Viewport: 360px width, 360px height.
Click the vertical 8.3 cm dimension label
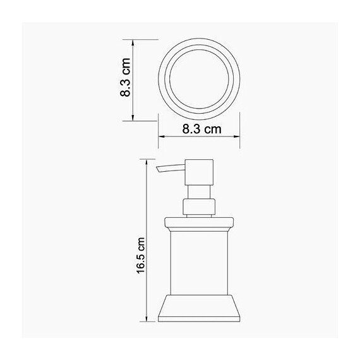(x=126, y=80)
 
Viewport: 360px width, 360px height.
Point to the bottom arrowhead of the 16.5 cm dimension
(x=148, y=320)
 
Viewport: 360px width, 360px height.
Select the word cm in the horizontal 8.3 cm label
(x=212, y=130)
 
